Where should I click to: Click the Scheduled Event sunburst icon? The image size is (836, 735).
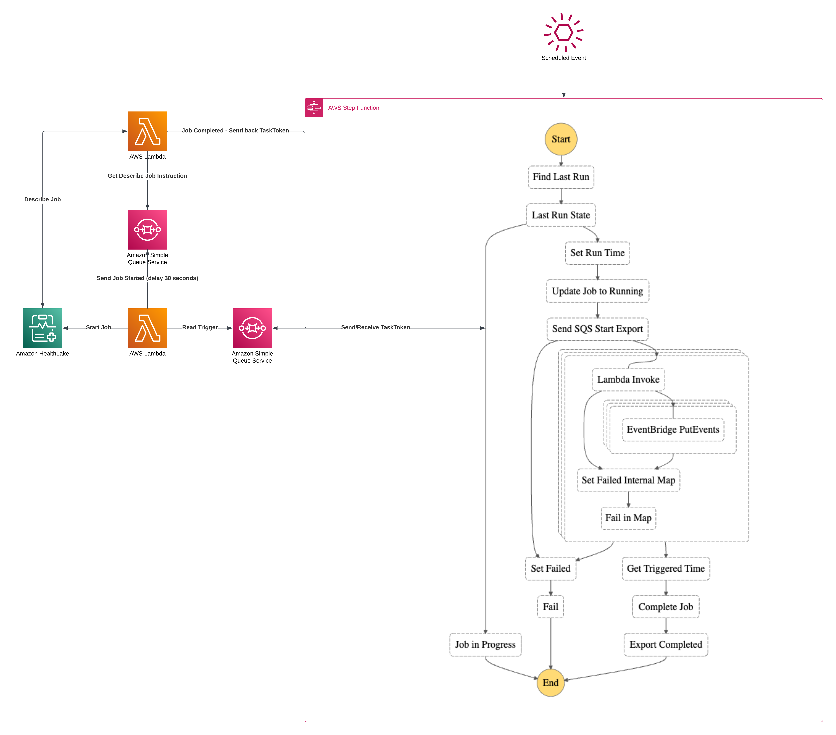point(564,32)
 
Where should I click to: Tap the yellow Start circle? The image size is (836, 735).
point(561,139)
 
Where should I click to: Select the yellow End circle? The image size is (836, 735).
point(550,683)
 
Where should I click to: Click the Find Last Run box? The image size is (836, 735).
point(561,177)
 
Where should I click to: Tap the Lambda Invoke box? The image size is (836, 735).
point(628,379)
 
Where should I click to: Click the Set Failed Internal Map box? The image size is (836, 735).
point(628,480)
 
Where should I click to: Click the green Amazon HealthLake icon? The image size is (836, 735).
point(42,328)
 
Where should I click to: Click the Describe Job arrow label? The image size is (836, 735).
point(42,199)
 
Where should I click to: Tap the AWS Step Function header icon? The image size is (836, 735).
point(314,108)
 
